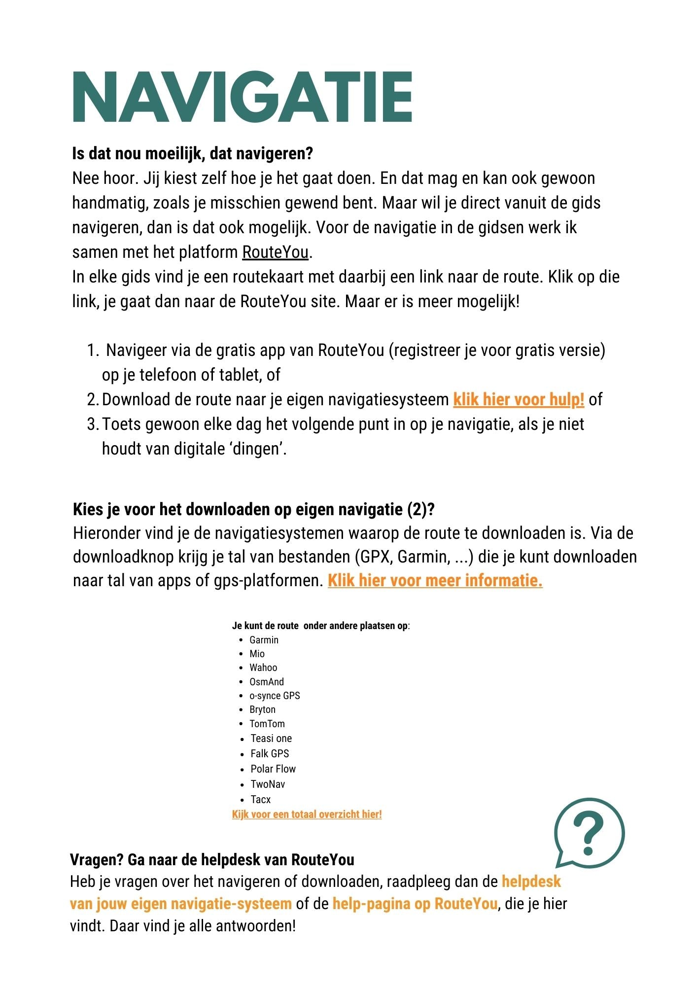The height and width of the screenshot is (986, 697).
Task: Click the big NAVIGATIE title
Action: [x=242, y=97]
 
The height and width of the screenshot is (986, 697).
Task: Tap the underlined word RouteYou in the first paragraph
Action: [x=275, y=252]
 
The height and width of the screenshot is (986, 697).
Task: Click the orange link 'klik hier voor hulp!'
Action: [x=519, y=399]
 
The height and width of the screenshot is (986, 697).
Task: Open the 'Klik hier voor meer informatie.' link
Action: [x=435, y=581]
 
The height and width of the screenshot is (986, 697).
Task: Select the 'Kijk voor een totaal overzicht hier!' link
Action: [x=307, y=814]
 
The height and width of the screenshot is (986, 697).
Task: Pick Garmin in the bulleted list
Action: [x=264, y=640]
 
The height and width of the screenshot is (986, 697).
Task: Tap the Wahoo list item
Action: [x=263, y=668]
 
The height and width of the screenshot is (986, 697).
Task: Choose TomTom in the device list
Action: [x=267, y=724]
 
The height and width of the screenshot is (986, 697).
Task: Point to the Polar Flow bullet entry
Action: [x=273, y=769]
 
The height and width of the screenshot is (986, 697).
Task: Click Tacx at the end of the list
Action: [x=260, y=800]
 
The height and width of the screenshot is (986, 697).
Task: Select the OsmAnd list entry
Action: [x=266, y=682]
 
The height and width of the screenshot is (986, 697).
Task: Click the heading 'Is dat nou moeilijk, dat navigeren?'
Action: [x=192, y=154]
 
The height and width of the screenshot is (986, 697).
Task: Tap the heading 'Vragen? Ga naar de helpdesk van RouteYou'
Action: [x=212, y=860]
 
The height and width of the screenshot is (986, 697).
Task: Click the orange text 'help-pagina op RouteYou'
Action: [x=415, y=904]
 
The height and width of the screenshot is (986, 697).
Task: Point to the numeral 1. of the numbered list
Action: [x=93, y=351]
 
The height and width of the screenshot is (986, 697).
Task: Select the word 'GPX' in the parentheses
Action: [x=375, y=557]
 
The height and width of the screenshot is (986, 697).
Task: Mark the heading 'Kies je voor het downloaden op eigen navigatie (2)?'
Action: [x=253, y=509]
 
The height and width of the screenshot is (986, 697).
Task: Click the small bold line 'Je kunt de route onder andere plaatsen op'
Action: [x=320, y=626]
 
